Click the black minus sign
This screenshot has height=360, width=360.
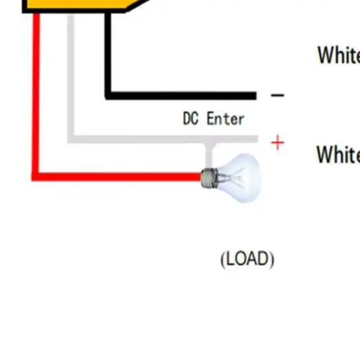tap(277, 96)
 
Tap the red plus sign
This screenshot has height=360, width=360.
tap(277, 143)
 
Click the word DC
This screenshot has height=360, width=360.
tap(191, 118)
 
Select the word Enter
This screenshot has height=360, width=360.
tap(224, 118)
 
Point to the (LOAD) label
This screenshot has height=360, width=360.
tap(247, 260)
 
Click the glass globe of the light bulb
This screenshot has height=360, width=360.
tap(238, 178)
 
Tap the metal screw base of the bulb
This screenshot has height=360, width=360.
tap(207, 178)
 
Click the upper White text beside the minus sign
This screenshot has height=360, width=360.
tap(338, 55)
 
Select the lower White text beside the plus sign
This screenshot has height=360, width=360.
tap(337, 154)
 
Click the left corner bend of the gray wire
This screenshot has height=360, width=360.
tap(71, 139)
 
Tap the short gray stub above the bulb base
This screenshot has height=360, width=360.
tap(211, 153)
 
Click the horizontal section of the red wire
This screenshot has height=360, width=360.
tap(117, 177)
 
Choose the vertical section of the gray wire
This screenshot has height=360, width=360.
tap(71, 76)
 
